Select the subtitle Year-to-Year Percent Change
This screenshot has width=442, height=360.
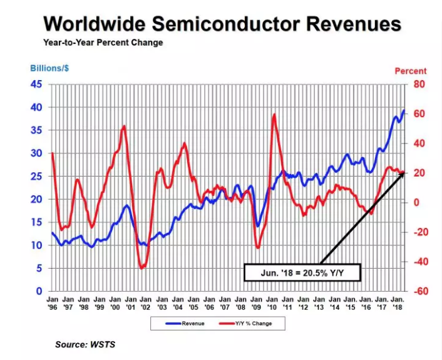[x=103, y=43]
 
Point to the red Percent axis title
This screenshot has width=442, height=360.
[x=411, y=71]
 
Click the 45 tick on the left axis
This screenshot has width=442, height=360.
[x=37, y=85]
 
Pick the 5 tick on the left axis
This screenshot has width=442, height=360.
[x=39, y=269]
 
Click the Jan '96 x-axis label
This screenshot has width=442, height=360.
[x=53, y=304]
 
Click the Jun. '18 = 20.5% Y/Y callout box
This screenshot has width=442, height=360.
[x=302, y=272]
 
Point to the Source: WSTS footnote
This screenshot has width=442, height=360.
[x=85, y=344]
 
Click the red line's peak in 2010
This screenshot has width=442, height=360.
[x=274, y=114]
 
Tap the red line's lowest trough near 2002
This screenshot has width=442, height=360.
[x=142, y=268]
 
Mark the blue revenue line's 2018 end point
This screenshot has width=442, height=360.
[x=404, y=111]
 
